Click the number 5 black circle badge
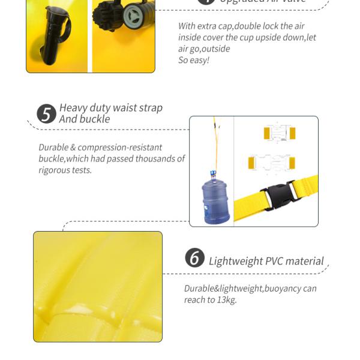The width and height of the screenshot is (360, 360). click(46, 114)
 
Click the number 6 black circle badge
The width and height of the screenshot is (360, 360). click(194, 258)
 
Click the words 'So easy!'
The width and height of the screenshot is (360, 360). click(194, 60)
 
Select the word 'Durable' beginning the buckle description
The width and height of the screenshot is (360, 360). click(55, 148)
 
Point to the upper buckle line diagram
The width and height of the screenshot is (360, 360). click(279, 133)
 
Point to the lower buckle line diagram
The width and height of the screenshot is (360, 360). click(271, 163)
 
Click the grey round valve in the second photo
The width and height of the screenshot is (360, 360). click(133, 16)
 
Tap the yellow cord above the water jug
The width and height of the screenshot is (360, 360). click(216, 144)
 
